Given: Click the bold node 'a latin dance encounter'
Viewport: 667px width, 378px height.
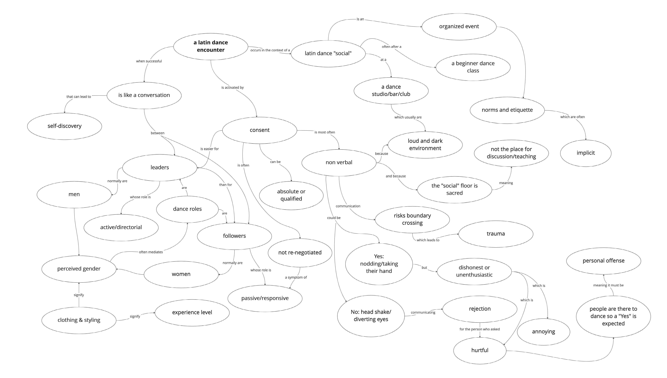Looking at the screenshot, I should (211, 46).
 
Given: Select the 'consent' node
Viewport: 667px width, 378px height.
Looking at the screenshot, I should (259, 130).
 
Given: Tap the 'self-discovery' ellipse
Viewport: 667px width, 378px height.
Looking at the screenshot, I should (64, 126).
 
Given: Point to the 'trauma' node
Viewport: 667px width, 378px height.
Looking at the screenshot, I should (496, 234).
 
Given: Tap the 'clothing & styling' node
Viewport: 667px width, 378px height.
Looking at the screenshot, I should (79, 320).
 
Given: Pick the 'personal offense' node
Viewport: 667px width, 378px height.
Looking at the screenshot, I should (603, 261).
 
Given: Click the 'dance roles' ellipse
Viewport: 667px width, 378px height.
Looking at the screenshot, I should (187, 209).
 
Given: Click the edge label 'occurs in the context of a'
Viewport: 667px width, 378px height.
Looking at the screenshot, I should (270, 50).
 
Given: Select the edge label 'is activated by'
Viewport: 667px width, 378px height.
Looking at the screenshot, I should (232, 88).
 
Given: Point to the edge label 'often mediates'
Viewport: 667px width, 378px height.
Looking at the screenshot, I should (151, 252).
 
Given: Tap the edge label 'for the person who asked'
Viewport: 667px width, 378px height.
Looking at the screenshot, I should (479, 329).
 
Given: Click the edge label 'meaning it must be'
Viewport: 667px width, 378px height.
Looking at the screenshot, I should (608, 285).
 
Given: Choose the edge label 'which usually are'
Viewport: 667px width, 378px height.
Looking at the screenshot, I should (408, 117).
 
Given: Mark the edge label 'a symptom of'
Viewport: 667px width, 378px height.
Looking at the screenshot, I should (296, 278).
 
